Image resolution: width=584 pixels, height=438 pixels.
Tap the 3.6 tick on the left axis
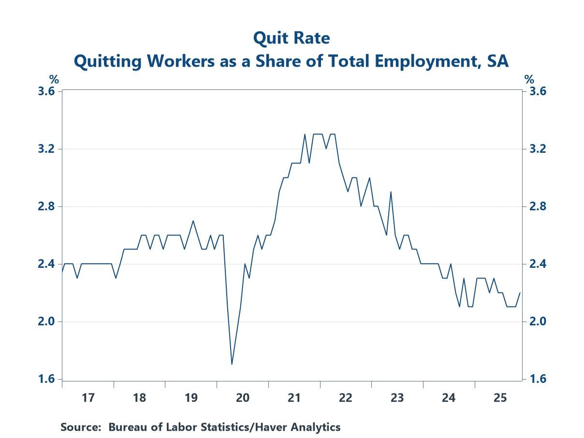[x=46, y=91]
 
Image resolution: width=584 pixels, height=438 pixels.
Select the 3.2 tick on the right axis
[x=536, y=149]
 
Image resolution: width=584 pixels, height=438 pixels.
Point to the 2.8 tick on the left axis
[x=46, y=206]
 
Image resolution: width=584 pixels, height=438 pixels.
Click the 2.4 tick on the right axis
[x=536, y=264]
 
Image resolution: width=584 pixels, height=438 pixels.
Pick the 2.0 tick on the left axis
[x=46, y=321]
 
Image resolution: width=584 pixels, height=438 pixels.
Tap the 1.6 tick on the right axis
[x=536, y=379]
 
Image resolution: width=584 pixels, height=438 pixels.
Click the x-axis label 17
[x=88, y=398]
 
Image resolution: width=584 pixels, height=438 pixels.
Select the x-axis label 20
[x=242, y=398]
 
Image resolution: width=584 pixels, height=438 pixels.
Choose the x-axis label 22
[x=345, y=398]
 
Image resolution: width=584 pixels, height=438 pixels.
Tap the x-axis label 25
[x=500, y=398]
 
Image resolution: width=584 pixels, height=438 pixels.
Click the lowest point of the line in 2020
[x=232, y=364]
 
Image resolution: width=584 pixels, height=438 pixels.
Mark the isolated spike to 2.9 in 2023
[x=391, y=192]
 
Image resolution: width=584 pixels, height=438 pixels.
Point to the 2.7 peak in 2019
[x=193, y=221]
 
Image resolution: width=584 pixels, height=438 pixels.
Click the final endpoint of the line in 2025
[x=520, y=292]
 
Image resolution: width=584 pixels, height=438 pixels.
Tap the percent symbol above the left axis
[x=54, y=80]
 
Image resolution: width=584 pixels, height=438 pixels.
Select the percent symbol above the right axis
[x=530, y=80]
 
